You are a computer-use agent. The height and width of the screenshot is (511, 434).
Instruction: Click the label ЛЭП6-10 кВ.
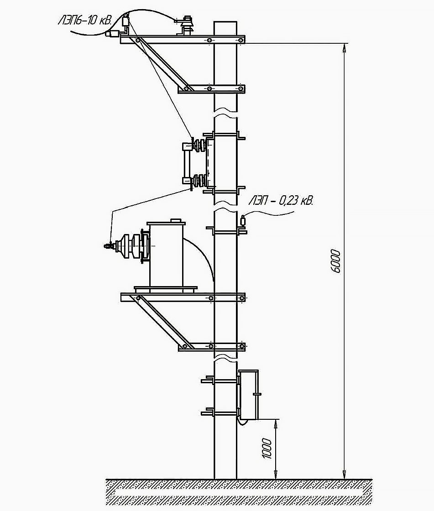pos(85,21)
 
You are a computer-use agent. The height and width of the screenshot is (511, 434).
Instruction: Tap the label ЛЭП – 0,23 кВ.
pos(281,200)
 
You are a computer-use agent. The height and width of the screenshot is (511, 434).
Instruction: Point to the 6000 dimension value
pos(335,261)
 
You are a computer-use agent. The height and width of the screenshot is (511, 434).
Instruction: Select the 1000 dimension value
pos(267,448)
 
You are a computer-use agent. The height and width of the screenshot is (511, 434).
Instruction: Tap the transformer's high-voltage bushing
pos(128,245)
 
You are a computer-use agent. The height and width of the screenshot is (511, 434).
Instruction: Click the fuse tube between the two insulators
pos(186,163)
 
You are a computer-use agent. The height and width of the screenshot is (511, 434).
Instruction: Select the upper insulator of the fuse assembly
pos(199,144)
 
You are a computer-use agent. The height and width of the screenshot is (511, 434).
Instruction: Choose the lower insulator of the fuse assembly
pos(199,181)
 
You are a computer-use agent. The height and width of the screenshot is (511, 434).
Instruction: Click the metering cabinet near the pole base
pos(249,394)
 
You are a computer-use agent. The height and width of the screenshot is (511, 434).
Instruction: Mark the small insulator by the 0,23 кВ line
pos(243,221)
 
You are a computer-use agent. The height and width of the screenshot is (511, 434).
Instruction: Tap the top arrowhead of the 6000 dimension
pos(345,47)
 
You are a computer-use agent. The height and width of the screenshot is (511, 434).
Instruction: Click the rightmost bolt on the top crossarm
pos(241,40)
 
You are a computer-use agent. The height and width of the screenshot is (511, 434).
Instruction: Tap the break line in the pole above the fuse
pos(225,111)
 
